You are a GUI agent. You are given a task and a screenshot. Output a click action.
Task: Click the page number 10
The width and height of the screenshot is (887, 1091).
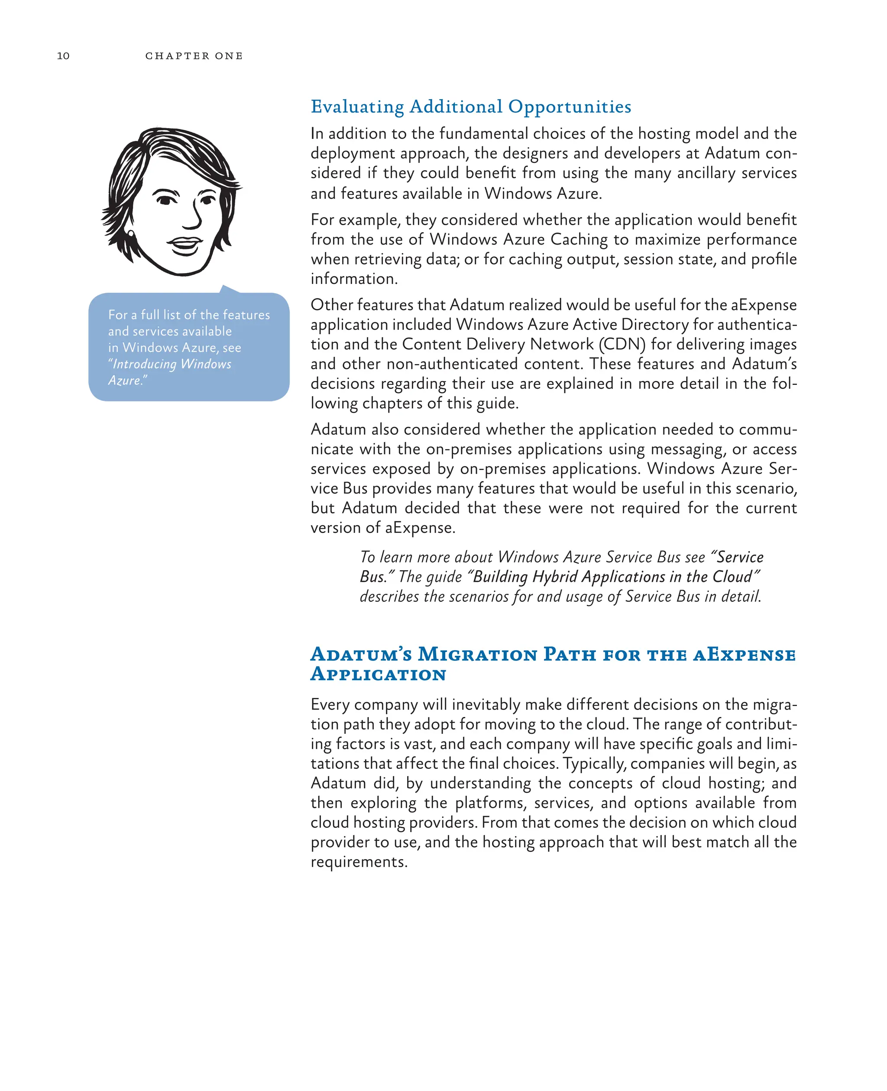point(63,56)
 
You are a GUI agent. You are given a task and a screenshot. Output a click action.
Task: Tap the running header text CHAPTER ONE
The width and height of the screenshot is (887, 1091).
point(194,56)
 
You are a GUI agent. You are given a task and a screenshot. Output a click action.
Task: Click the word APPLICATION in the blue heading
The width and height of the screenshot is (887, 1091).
point(379,674)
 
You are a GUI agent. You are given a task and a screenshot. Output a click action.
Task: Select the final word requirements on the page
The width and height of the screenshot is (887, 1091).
point(358,862)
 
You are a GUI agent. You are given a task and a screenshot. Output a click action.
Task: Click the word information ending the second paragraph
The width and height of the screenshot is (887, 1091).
point(353,279)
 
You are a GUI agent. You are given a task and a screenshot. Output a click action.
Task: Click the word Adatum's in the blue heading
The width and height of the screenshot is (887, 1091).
point(361,654)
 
